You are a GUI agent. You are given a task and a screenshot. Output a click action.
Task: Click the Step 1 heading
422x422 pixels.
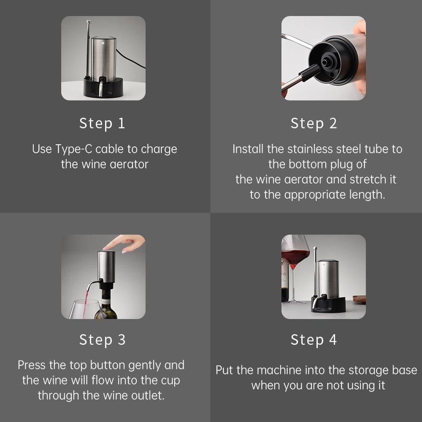click(x=102, y=124)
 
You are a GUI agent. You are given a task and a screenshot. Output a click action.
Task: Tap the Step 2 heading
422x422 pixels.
click(x=314, y=124)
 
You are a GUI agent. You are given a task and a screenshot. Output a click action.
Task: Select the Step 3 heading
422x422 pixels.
click(x=102, y=340)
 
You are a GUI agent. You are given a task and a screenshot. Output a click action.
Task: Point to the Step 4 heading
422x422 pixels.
click(x=314, y=340)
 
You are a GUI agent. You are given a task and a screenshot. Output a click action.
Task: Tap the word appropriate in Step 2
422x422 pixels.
click(x=315, y=195)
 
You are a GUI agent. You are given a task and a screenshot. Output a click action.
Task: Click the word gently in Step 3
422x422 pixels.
click(x=145, y=365)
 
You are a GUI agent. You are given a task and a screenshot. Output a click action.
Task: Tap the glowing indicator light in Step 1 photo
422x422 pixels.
click(x=103, y=43)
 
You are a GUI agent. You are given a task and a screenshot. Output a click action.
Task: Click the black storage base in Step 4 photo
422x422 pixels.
click(x=329, y=305)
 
